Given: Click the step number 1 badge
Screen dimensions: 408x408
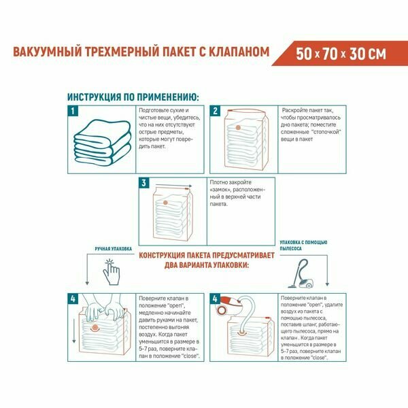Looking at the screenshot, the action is pos(73,111).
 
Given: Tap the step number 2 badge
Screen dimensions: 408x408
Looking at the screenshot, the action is pos(215,111).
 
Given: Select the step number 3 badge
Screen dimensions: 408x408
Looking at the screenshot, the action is pos(144,183).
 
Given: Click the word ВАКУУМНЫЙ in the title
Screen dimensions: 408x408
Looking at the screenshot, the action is pos(47,52).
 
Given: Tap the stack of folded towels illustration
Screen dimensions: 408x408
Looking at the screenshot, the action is pos(103,141).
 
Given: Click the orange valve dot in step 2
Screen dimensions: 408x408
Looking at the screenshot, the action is pos(238,128).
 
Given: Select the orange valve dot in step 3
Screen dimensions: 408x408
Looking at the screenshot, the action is pos(165,203).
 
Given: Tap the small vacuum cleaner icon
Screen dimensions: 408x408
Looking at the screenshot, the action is pos(301,273).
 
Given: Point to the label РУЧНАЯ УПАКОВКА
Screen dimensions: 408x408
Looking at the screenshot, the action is pos(113,249).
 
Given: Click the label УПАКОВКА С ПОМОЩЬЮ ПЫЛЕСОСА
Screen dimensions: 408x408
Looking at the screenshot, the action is pos(303,245).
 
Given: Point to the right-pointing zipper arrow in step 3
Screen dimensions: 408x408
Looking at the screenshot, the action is pos(174,185).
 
